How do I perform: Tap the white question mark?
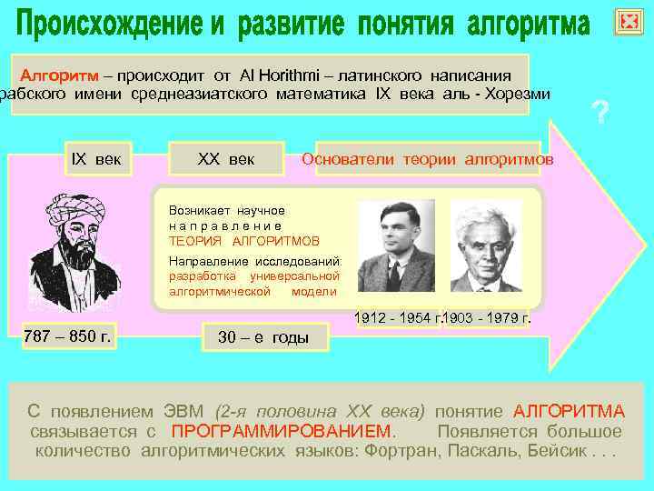(x=599, y=114)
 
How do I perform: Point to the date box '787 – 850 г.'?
(x=68, y=336)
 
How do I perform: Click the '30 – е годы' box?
(x=263, y=337)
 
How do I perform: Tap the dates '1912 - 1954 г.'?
(x=397, y=319)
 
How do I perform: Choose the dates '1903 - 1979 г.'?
(x=488, y=319)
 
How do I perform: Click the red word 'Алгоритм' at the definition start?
(x=54, y=75)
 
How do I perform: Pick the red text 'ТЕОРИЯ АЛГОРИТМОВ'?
(x=244, y=241)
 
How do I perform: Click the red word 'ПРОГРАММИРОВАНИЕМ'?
(x=283, y=431)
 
